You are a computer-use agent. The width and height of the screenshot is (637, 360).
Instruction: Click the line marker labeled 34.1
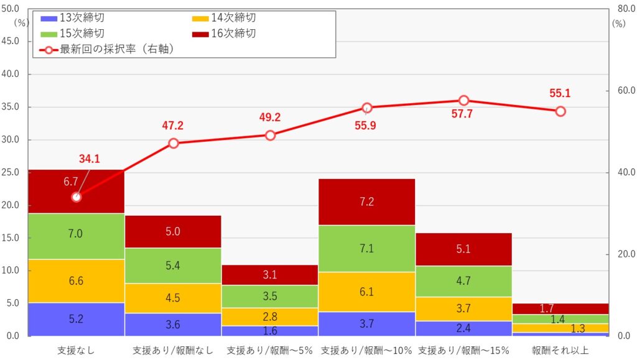point(77,197)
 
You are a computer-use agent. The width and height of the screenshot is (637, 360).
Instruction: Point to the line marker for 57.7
point(463,101)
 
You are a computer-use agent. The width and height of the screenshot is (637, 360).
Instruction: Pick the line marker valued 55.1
point(560,111)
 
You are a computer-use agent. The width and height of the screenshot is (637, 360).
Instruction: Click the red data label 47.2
point(173,126)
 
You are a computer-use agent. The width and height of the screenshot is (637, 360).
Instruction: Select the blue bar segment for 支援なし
point(77,320)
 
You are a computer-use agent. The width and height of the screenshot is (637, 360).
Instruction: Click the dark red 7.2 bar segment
point(366,201)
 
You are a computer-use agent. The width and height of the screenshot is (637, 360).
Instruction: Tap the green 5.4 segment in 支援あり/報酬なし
point(173,265)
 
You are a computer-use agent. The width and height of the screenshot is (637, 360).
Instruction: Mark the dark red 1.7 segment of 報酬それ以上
point(560,308)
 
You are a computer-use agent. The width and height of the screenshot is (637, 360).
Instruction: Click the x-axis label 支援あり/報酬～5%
point(270,351)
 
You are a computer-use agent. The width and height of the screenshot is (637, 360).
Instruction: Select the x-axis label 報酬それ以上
point(560,351)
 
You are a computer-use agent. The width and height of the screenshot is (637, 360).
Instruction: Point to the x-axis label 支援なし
point(77,351)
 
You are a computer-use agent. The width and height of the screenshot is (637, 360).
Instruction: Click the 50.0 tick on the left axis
point(11,9)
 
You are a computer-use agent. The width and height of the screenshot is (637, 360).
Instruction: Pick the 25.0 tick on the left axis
point(11,172)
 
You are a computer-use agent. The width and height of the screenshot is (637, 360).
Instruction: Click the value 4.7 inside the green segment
point(463,281)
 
